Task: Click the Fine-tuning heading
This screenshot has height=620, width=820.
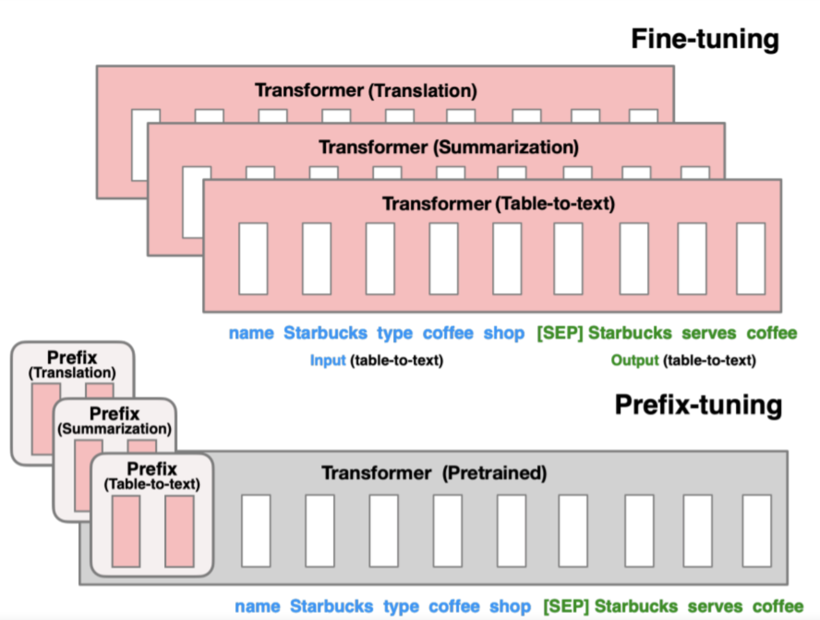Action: pos(705,39)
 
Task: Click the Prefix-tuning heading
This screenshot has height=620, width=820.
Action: pos(698,405)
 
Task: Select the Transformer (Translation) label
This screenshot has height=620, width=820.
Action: pos(366,90)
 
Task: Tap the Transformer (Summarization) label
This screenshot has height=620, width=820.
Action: pos(448,147)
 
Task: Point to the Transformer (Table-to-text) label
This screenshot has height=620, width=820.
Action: pos(498,204)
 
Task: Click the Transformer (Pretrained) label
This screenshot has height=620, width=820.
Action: pos(434,473)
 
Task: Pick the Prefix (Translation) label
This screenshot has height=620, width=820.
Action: pos(72,364)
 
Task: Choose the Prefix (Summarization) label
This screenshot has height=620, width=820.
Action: pos(115,421)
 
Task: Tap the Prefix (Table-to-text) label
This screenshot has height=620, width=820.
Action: pos(152,476)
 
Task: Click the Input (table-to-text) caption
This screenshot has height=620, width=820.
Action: pos(376,361)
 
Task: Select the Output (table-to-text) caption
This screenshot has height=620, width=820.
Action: pos(683,361)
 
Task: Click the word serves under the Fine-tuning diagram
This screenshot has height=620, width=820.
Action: pos(709,333)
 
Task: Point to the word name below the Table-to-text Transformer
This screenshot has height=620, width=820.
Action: pos(251,333)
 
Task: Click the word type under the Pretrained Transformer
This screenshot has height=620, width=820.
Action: pos(401,606)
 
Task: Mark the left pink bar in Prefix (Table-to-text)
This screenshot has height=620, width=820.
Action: pos(126,531)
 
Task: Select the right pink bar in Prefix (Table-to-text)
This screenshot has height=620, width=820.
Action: pos(179,531)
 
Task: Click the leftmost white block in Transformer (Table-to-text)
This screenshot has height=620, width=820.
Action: pos(253,259)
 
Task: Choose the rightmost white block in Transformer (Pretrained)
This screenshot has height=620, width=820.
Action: pos(757,531)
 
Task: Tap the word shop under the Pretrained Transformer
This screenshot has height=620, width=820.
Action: pos(510,606)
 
